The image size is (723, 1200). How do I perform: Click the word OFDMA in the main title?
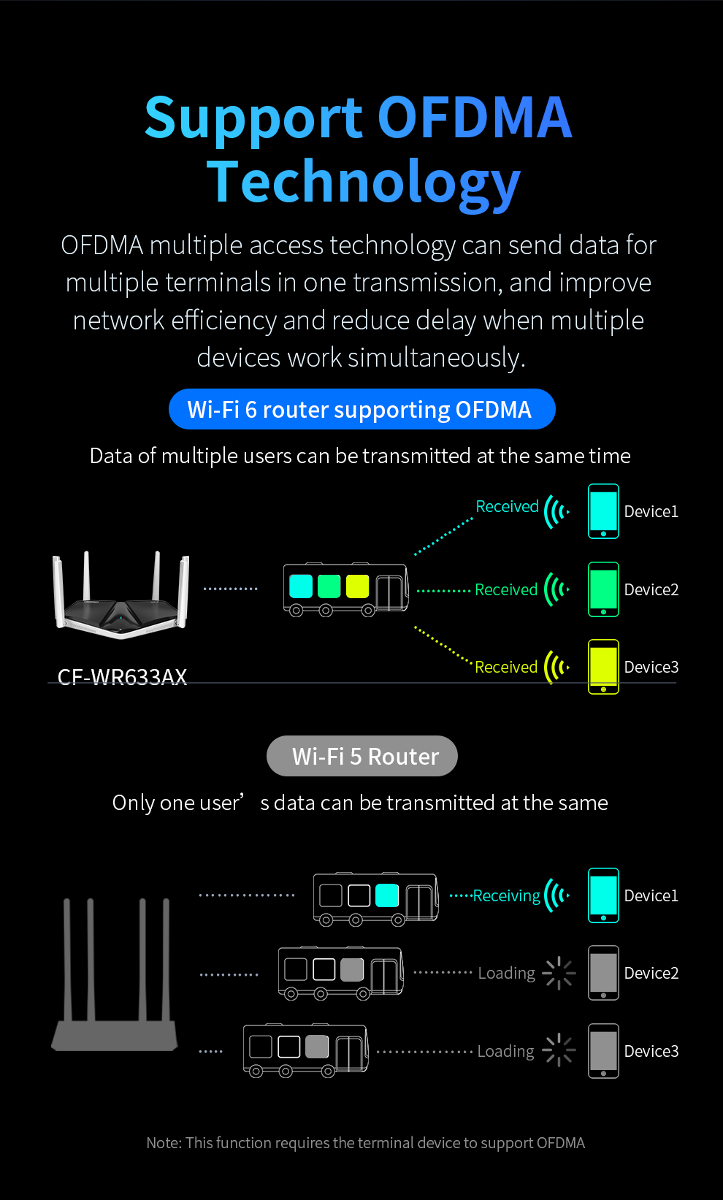475,117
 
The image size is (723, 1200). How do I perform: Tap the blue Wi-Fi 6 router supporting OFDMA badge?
362,409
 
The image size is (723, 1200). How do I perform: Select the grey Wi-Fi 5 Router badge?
362,756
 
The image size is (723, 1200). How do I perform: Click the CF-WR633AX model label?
122,677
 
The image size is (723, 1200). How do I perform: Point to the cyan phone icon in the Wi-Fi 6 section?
603,511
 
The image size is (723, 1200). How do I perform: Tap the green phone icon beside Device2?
603,589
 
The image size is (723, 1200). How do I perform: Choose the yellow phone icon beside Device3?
603,667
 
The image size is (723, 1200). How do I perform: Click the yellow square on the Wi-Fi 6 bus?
358,586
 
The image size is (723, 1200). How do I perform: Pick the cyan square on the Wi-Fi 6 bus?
301,586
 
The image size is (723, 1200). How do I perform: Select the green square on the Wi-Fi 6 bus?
329,586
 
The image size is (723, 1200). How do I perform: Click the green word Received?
506,589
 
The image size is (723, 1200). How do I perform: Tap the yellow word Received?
506,667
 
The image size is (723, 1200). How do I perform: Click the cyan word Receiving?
507,895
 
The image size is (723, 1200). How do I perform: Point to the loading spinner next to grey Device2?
559,973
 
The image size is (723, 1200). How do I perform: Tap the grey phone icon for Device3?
603,1051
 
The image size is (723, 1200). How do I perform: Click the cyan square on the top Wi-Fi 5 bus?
386,895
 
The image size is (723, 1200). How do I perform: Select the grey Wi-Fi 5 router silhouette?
115,975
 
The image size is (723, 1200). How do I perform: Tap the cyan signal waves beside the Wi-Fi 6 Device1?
556,511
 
